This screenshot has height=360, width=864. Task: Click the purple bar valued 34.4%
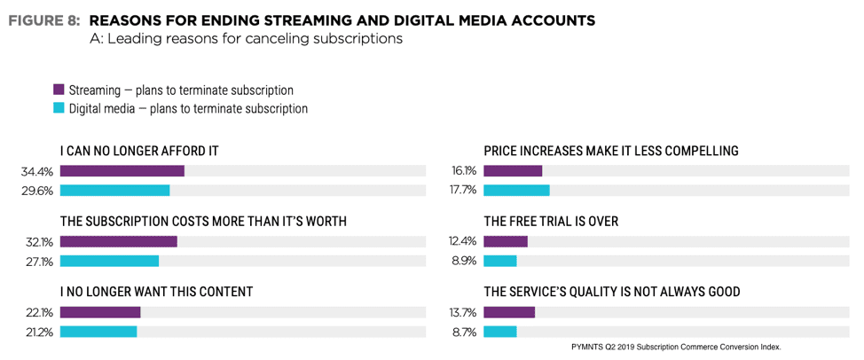[x=122, y=171]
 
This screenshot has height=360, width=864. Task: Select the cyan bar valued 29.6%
[x=114, y=190]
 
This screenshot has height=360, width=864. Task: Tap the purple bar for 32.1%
[x=118, y=241]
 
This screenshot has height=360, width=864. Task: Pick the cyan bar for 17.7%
[x=516, y=190]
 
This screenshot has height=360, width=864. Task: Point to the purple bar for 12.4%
[x=506, y=241]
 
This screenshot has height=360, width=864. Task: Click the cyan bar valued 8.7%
[x=500, y=331]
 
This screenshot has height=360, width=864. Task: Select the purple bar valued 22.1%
[x=100, y=312]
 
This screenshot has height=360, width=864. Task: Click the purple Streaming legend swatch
[x=59, y=90]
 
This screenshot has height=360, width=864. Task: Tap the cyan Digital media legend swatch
[x=59, y=109]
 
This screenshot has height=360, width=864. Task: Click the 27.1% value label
[x=41, y=262]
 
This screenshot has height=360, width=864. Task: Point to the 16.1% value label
[x=464, y=171]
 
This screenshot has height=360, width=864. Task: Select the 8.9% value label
[x=466, y=262]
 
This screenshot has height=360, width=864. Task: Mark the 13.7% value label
[x=464, y=312]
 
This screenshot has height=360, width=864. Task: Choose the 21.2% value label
[x=41, y=332]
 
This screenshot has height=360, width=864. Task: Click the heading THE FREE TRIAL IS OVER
[x=550, y=221]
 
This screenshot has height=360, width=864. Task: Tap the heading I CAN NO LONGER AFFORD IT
[x=139, y=151]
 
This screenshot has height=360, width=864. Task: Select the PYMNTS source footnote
[x=676, y=347]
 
